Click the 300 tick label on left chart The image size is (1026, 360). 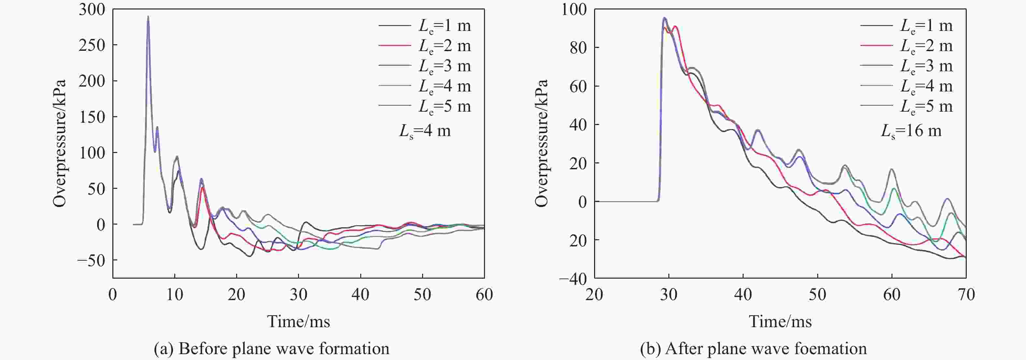tap(92, 9)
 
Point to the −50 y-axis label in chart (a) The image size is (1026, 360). tap(91, 261)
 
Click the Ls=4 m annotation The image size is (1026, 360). tap(425, 131)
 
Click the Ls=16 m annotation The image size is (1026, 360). tap(911, 131)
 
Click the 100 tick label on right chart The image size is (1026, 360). tap(574, 9)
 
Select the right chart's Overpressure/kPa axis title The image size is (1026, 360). tap(541, 143)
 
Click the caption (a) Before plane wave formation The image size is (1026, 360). tap(272, 349)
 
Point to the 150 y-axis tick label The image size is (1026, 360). tap(92, 117)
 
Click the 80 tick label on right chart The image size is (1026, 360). tap(578, 48)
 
